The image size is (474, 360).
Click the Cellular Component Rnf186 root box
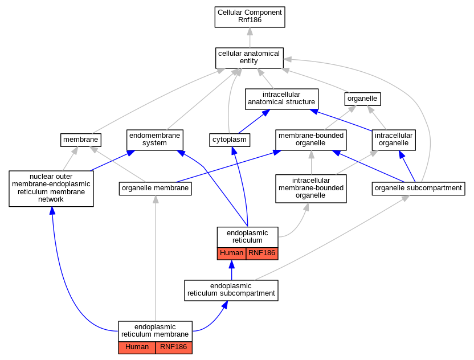pyautogui.click(x=250, y=17)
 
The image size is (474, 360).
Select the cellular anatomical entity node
pyautogui.click(x=250, y=58)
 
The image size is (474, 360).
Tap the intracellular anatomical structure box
pyautogui.click(x=282, y=99)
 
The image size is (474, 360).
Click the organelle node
pyautogui.click(x=362, y=99)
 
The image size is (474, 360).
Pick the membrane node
pyautogui.click(x=81, y=140)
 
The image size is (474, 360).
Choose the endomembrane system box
pyautogui.click(x=155, y=140)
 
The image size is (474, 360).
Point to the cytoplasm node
pyautogui.click(x=230, y=140)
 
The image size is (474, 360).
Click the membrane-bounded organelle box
pyautogui.click(x=310, y=140)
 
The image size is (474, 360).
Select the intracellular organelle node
pyautogui.click(x=394, y=140)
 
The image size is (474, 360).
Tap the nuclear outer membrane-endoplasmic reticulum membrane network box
pyautogui.click(x=51, y=189)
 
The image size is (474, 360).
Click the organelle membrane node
pyautogui.click(x=156, y=189)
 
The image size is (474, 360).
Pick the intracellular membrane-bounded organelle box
pyautogui.click(x=310, y=189)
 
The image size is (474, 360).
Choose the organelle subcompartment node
pyautogui.click(x=418, y=189)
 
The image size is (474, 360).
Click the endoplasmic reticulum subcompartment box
pyautogui.click(x=231, y=290)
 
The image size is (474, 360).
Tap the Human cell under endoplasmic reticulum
pyautogui.click(x=231, y=253)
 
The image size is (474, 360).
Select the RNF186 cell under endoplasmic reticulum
pyautogui.click(x=262, y=253)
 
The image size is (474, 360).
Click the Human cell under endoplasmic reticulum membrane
pyautogui.click(x=137, y=347)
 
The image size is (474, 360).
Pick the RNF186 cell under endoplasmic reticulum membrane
pyautogui.click(x=174, y=347)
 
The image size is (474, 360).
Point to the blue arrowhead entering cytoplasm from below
pyautogui.click(x=234, y=150)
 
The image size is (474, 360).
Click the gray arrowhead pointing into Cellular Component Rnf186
pyautogui.click(x=250, y=31)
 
